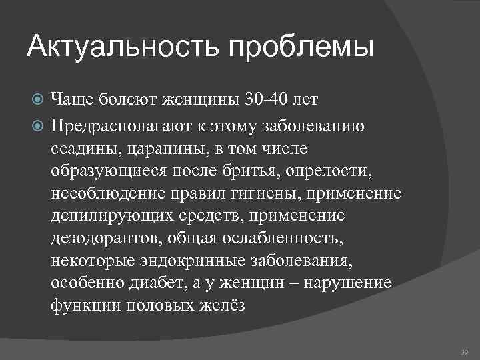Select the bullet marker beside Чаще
(38, 101)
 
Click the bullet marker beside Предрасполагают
(38, 125)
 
